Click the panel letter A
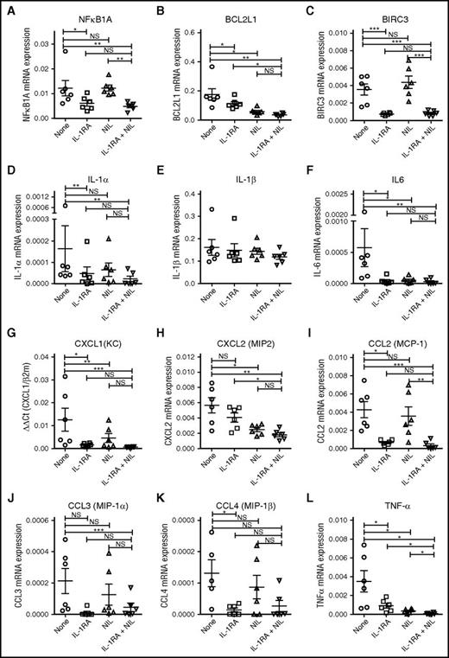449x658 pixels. (x=7, y=7)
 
